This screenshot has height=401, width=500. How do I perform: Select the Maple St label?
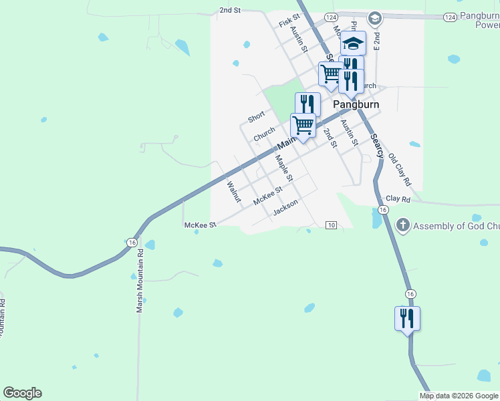click(284, 168)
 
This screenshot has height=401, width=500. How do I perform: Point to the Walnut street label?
click(233, 192)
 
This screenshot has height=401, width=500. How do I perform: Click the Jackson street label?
click(285, 208)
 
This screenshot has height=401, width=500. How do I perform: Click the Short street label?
click(256, 118)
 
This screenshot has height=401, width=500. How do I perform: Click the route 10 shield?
click(331, 225)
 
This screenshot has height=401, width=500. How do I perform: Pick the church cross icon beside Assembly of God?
click(402, 225)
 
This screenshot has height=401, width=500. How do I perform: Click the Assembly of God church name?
click(456, 226)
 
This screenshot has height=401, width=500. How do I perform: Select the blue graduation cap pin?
click(354, 44)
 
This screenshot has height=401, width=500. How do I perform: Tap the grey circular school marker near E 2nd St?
click(375, 18)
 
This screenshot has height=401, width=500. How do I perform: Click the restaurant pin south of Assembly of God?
click(407, 319)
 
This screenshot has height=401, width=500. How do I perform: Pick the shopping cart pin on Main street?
click(303, 126)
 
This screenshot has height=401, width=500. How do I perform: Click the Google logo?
click(22, 393)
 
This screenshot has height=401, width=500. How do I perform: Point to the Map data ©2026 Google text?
click(459, 396)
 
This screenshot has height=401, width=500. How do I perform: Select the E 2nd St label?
click(377, 42)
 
